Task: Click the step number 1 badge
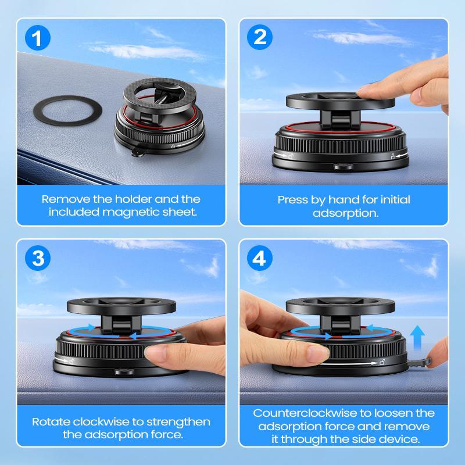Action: tap(38, 39)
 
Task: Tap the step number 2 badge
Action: tap(260, 39)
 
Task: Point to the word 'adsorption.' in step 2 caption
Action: tap(345, 213)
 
